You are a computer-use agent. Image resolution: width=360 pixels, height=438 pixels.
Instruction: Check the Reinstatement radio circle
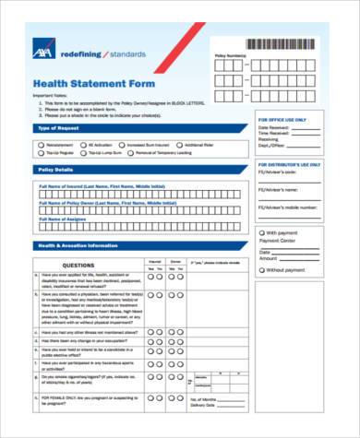(42, 145)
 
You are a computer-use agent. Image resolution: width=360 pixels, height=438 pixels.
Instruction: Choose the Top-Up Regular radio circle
(42, 153)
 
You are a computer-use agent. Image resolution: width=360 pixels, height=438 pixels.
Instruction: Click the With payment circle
(261, 233)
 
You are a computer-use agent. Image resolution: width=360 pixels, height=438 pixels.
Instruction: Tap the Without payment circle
(261, 271)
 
